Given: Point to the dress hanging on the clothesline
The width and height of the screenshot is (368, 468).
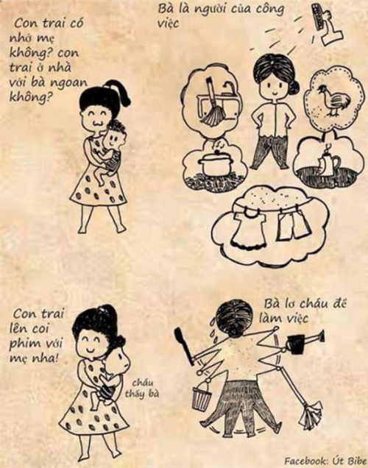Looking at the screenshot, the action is click(248, 229).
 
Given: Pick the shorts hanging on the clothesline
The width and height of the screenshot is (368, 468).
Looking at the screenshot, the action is click(291, 224).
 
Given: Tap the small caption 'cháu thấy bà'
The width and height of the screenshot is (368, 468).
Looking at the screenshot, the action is click(141, 389).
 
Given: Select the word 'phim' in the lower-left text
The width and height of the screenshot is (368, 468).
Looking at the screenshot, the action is click(24, 343).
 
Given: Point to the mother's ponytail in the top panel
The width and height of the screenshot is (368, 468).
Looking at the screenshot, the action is click(120, 91).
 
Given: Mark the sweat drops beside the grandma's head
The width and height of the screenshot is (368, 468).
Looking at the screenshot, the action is click(213, 330).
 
